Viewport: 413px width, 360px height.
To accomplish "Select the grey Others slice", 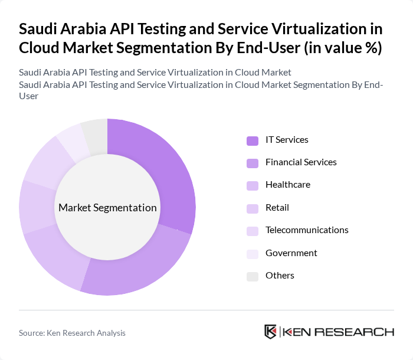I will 95,133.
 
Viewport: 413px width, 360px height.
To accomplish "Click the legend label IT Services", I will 287,140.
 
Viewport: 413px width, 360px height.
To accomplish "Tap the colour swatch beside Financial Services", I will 253,163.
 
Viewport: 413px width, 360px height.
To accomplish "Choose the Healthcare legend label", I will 287,185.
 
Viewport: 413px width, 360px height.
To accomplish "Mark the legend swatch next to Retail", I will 253,208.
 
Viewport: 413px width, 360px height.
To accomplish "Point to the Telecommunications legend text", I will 307,230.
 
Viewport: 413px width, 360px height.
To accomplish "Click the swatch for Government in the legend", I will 253,254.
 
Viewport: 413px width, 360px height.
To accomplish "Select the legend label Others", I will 280,276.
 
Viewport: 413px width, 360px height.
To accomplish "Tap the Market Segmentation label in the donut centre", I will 107,208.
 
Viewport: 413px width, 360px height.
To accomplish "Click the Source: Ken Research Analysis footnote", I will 72,333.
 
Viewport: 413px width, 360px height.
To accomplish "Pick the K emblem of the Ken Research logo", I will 271,332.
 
